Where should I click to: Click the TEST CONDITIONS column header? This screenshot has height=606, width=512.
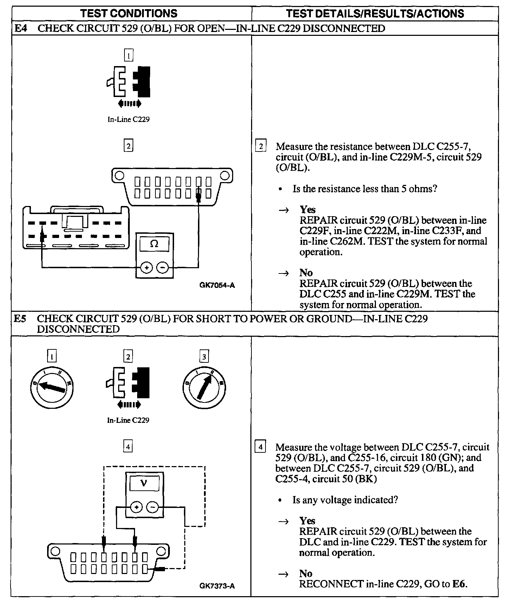click(x=129, y=13)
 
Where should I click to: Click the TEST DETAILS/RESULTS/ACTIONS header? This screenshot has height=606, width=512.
click(x=375, y=13)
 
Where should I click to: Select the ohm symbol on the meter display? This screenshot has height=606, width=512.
click(x=154, y=244)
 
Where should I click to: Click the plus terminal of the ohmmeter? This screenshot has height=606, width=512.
click(x=146, y=268)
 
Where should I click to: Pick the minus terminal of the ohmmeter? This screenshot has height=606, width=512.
click(x=162, y=268)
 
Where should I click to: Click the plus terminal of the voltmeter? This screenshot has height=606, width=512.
click(x=136, y=507)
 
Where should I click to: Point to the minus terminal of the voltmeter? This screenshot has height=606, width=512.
click(x=152, y=507)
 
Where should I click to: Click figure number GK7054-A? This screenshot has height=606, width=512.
click(x=217, y=285)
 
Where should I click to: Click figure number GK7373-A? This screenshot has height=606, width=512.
click(x=217, y=586)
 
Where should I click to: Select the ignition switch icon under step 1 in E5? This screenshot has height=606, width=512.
click(x=52, y=387)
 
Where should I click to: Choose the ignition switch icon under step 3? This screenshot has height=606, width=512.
click(x=204, y=387)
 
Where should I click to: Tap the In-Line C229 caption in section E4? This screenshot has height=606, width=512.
click(x=128, y=120)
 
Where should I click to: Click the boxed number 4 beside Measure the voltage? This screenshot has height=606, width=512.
click(x=260, y=447)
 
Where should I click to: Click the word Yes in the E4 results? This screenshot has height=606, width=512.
click(x=307, y=209)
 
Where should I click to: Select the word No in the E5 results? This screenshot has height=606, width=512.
click(x=306, y=574)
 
